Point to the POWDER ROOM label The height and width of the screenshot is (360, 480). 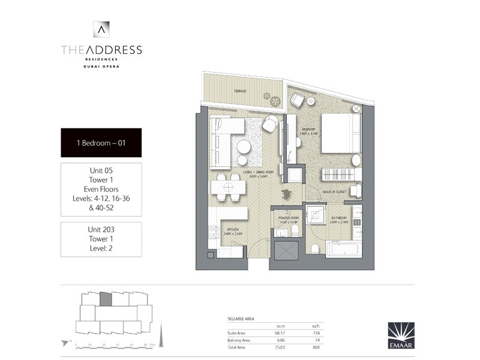pos(289,219)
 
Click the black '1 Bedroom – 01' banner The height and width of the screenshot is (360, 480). pos(101,143)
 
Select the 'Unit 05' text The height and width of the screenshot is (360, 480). pos(101,171)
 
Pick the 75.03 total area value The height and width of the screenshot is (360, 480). pos(280,346)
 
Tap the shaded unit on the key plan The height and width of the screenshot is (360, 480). pos(105,299)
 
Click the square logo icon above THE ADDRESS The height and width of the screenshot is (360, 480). pos(101,28)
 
